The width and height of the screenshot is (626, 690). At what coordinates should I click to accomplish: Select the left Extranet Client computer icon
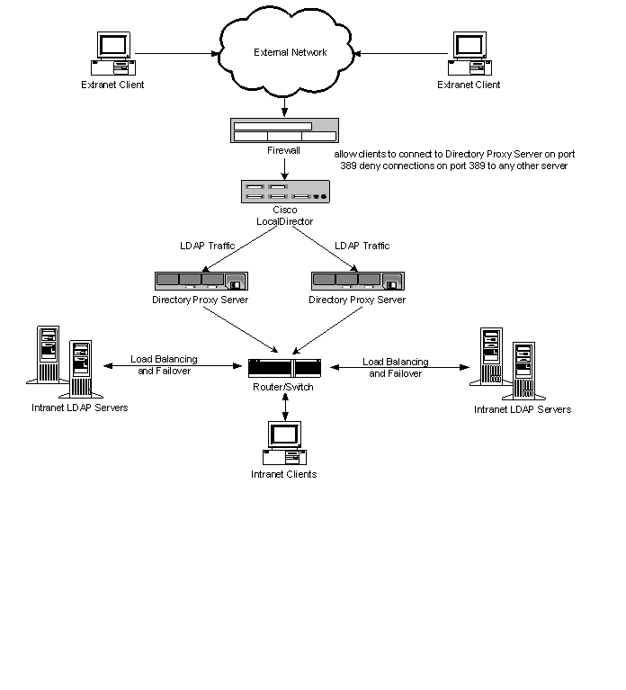[x=112, y=54]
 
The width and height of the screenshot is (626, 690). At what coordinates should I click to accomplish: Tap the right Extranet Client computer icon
[x=469, y=54]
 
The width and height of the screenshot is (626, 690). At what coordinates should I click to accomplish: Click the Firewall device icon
[x=284, y=131]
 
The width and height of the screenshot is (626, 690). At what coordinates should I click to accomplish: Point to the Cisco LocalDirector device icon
[x=285, y=191]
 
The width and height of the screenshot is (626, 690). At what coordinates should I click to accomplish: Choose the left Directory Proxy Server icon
[x=200, y=280]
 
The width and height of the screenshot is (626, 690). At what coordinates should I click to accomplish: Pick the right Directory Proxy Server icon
[x=357, y=280]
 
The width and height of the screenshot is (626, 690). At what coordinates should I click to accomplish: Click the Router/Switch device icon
[x=285, y=368]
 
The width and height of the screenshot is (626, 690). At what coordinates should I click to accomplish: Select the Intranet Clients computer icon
[x=284, y=441]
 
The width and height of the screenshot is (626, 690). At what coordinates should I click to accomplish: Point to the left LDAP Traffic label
[x=210, y=246]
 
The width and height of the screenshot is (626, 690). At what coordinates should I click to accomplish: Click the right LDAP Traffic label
[x=363, y=246]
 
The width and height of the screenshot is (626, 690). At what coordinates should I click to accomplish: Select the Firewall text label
[x=284, y=151]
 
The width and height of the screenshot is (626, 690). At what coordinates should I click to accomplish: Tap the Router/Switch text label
[x=284, y=386]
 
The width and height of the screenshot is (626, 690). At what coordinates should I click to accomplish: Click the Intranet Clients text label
[x=284, y=474]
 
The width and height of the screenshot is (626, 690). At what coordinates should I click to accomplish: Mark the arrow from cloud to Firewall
[x=284, y=107]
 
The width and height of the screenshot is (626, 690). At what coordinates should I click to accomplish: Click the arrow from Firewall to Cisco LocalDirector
[x=284, y=168]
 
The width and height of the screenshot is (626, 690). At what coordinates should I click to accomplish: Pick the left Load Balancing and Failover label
[x=164, y=365]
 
